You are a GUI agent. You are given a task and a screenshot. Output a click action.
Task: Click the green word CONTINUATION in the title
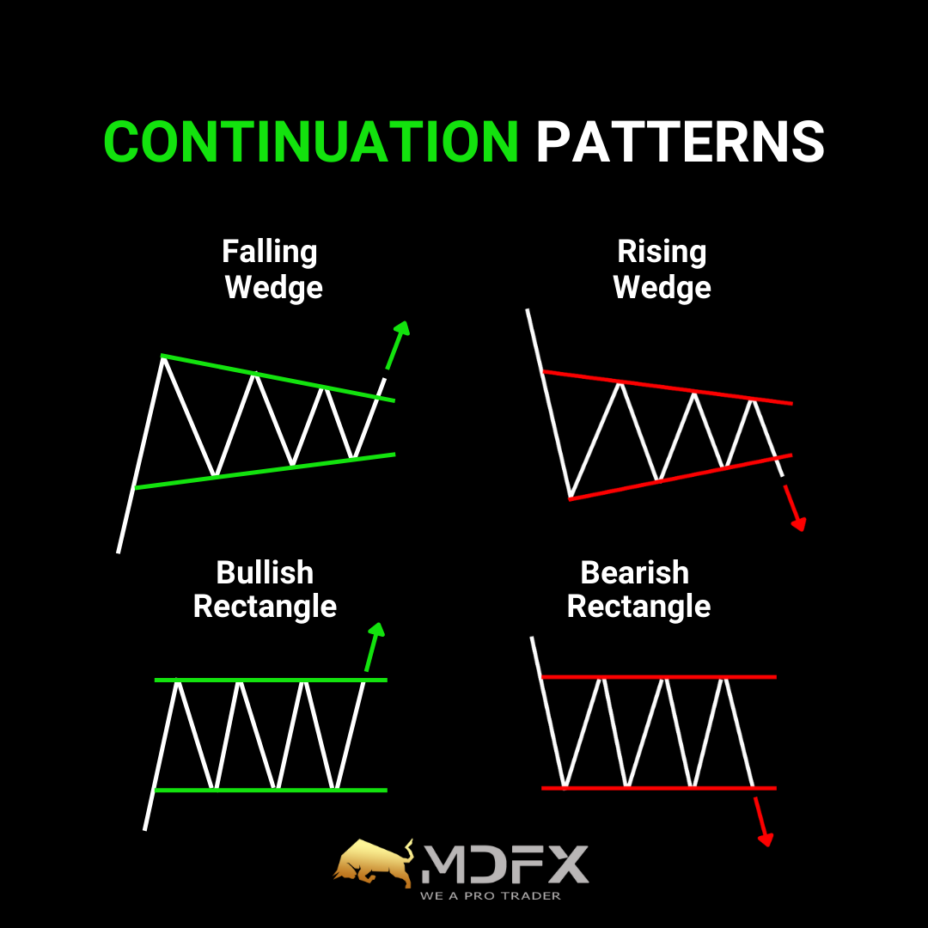click(311, 142)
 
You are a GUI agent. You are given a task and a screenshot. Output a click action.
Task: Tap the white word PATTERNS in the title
click(680, 142)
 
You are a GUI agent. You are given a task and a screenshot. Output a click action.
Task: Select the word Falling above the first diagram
click(269, 253)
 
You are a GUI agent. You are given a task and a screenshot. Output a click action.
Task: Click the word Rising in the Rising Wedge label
click(662, 253)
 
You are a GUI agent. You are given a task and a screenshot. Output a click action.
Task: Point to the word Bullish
click(265, 572)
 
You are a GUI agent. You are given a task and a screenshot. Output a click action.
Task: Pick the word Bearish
click(634, 572)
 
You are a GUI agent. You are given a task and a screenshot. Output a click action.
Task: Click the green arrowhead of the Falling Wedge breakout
click(402, 329)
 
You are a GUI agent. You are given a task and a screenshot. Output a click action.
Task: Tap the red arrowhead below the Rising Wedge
click(799, 524)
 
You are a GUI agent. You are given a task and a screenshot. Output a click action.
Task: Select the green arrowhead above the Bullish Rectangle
click(377, 630)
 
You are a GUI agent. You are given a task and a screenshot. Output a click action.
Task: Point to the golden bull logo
click(374, 864)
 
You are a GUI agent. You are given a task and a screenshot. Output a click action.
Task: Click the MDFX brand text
click(505, 864)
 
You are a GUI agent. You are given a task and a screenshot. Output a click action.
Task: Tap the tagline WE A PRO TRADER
click(490, 896)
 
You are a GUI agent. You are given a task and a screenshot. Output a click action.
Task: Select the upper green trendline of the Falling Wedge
click(278, 378)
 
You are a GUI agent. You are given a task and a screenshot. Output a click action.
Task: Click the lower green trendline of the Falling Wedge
click(265, 471)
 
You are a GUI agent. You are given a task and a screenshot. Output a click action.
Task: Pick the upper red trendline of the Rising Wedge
click(668, 388)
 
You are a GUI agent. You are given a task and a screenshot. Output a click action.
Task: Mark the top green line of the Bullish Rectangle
click(271, 680)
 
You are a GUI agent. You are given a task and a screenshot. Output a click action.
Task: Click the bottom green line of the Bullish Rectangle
click(271, 791)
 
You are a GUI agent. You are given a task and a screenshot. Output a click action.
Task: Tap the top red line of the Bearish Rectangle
click(659, 676)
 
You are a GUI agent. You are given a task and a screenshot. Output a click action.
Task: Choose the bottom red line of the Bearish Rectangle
click(659, 788)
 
